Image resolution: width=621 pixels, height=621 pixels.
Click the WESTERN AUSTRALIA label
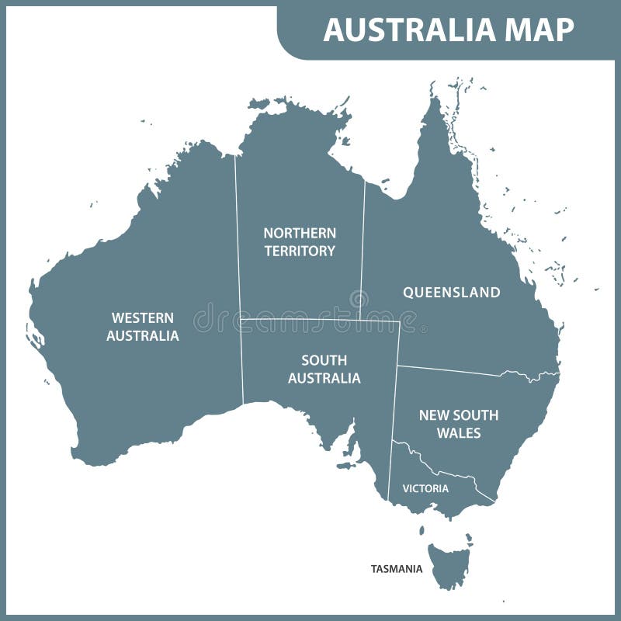(x=142, y=327)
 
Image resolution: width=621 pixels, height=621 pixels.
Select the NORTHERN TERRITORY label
(x=300, y=242)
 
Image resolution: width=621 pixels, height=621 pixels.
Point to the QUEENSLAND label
(x=451, y=293)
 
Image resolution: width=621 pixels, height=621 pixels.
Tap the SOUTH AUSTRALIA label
(x=324, y=369)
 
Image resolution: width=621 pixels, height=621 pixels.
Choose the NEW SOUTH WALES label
(x=459, y=424)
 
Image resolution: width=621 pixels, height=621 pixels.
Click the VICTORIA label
(x=425, y=489)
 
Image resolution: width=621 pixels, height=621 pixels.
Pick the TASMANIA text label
(x=397, y=569)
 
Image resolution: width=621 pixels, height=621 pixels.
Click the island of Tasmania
(x=450, y=563)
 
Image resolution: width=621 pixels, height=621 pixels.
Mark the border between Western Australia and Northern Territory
(x=238, y=233)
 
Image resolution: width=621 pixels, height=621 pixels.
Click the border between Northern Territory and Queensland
(x=363, y=248)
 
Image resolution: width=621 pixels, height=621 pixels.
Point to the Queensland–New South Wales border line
(x=450, y=370)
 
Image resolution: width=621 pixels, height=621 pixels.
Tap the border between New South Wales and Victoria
(x=442, y=472)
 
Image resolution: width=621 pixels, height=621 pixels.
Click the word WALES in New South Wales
(x=459, y=433)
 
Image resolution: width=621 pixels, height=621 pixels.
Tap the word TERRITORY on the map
(x=300, y=251)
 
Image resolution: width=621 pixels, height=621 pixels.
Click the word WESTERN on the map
(x=142, y=318)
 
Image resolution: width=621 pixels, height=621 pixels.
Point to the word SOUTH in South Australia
(x=324, y=361)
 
